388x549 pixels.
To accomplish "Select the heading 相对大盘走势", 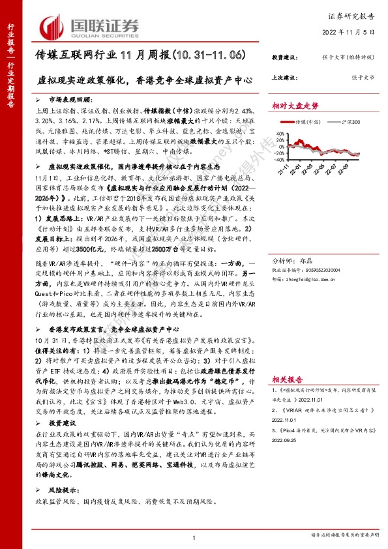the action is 295,105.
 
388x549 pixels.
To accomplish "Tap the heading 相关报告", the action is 290,379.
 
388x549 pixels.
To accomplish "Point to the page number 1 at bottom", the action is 194,537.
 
